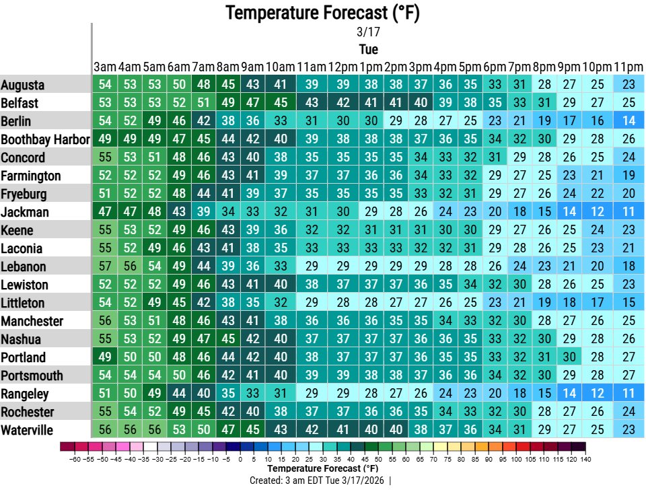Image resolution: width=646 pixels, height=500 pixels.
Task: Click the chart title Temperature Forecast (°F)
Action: [x=323, y=12]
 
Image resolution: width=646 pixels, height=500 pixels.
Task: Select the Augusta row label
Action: [x=23, y=85]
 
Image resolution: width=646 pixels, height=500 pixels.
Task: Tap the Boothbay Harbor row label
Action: [x=45, y=139]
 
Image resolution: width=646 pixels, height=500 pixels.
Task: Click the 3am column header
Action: [x=105, y=67]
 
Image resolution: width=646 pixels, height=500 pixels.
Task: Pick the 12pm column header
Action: [x=342, y=67]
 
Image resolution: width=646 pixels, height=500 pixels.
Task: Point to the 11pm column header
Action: [x=628, y=67]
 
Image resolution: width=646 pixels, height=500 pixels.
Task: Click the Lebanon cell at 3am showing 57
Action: [x=105, y=266]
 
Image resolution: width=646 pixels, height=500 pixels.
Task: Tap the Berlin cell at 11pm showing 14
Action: [x=629, y=121]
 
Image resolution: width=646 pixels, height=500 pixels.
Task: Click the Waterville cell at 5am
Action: [x=155, y=430]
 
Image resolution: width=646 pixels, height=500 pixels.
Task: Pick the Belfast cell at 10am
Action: [x=281, y=103]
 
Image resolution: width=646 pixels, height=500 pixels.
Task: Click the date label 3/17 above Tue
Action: [x=368, y=32]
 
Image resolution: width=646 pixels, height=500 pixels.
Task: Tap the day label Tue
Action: [x=368, y=49]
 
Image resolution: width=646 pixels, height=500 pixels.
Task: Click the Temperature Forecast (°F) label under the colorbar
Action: [x=323, y=468]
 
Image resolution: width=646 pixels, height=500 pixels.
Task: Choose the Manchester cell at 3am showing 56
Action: [x=105, y=321]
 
